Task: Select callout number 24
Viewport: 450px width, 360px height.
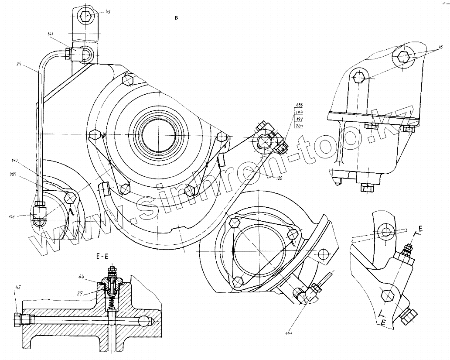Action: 19,64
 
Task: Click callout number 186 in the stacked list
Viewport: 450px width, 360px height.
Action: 299,106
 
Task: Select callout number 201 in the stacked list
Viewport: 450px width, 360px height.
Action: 299,126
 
